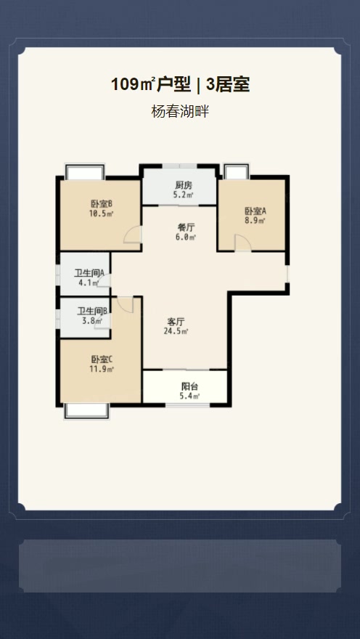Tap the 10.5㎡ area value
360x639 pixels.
tap(101, 213)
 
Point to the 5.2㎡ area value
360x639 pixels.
tap(183, 195)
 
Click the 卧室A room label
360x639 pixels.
tap(255, 211)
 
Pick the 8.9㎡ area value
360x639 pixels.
tap(255, 221)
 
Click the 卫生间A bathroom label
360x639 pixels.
tap(89, 273)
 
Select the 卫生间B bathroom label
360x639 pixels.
tap(92, 312)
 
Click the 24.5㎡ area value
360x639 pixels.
tap(176, 331)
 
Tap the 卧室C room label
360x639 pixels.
tap(102, 360)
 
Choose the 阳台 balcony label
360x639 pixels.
tap(189, 386)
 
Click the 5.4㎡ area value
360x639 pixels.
tap(189, 396)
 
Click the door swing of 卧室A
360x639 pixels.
tap(243, 243)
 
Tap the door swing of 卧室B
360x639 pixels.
tap(133, 235)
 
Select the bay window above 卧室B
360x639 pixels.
tap(85, 171)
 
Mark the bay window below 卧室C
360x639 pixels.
tap(87, 411)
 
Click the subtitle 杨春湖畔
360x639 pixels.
tap(180, 111)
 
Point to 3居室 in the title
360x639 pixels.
tap(228, 84)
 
